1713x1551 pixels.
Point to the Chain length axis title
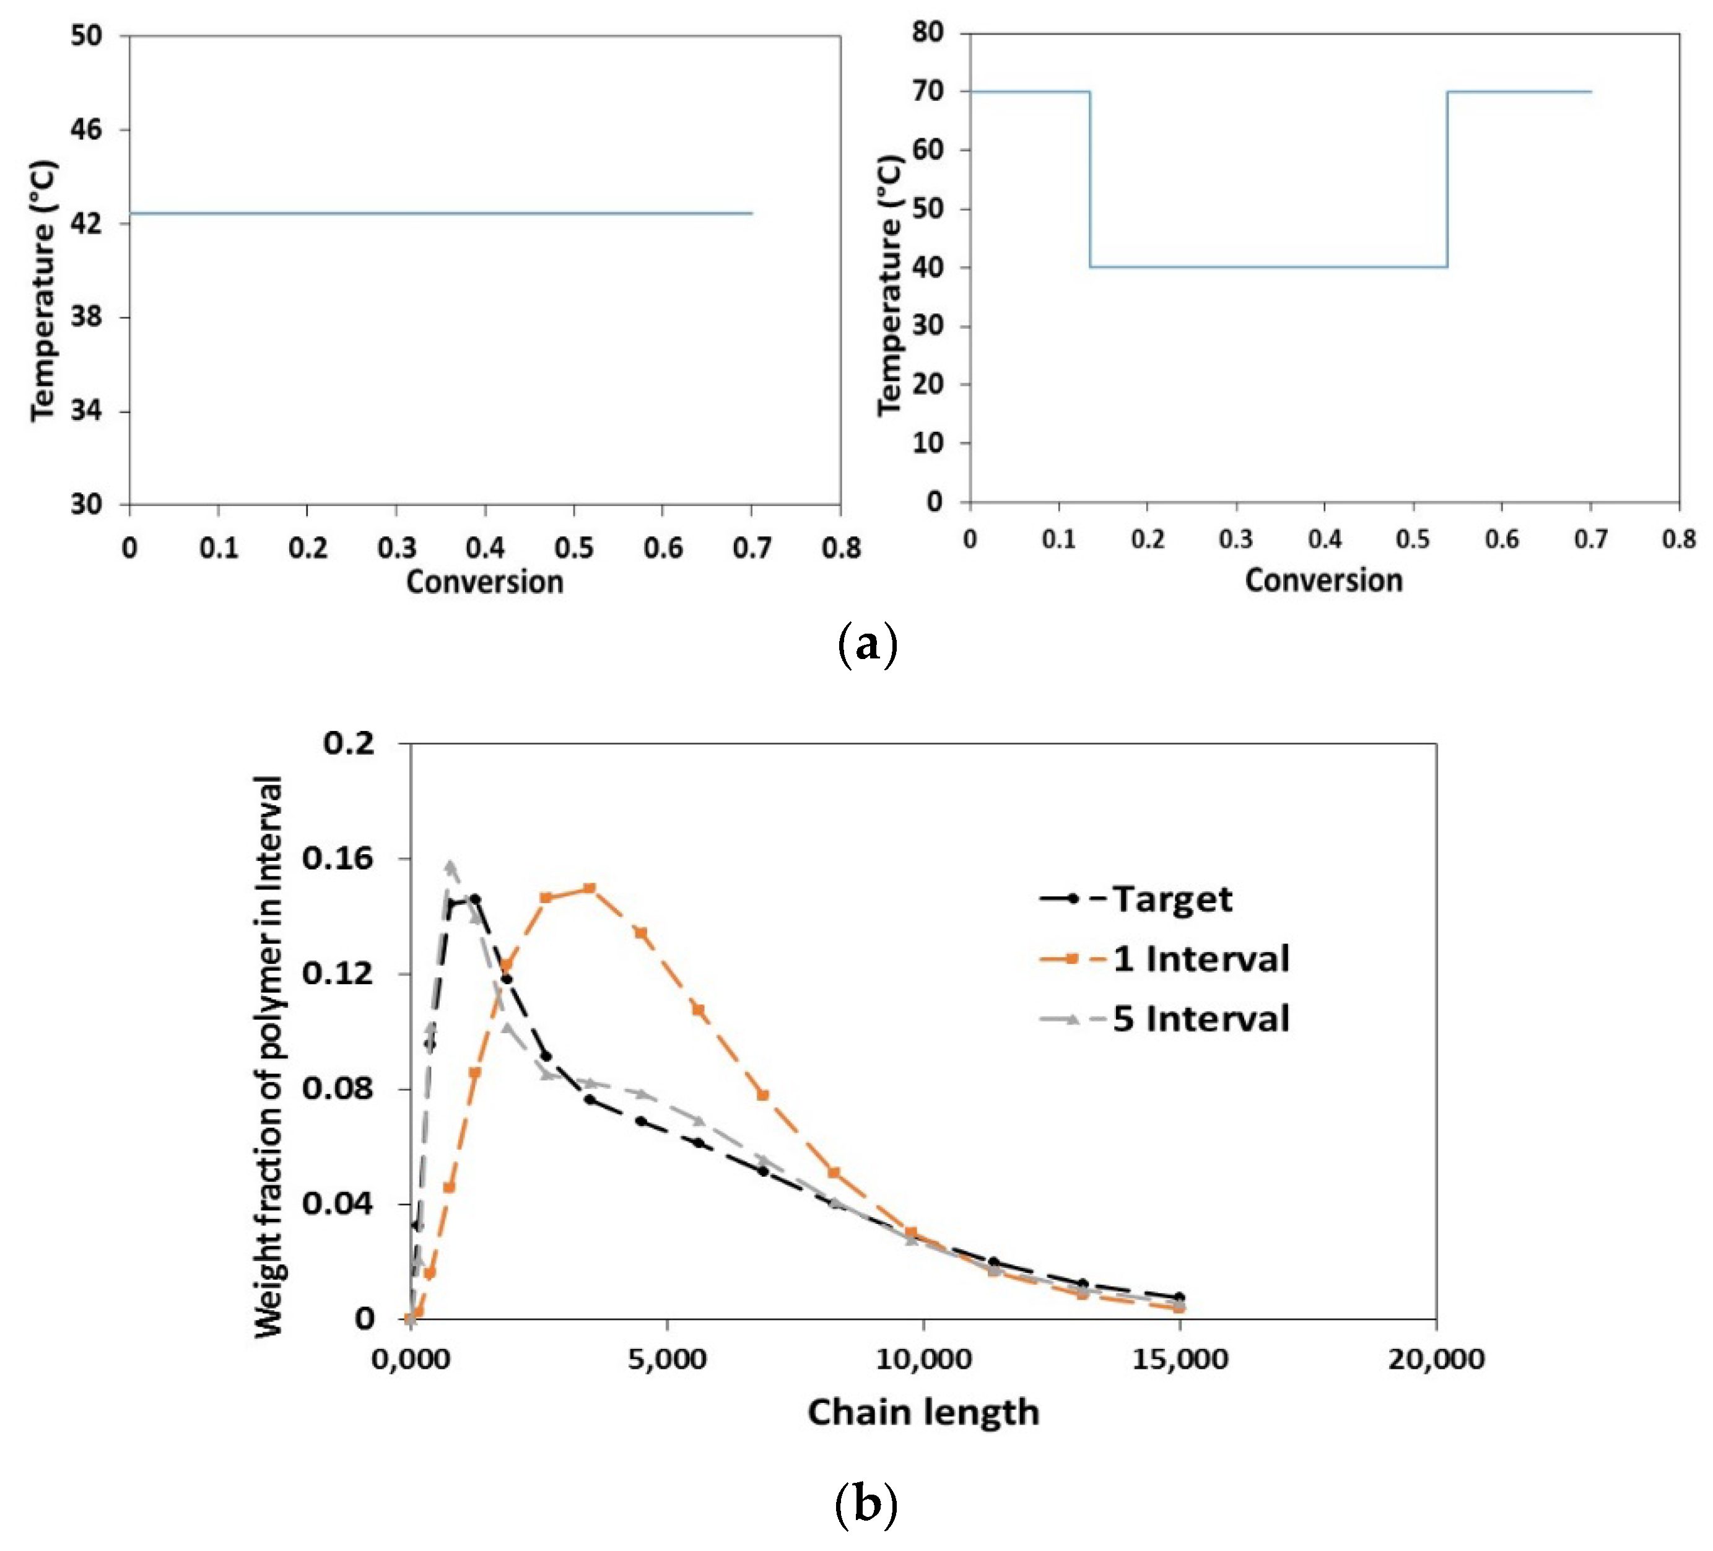[923, 1412]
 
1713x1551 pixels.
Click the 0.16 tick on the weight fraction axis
[338, 859]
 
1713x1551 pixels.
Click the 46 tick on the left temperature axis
[86, 130]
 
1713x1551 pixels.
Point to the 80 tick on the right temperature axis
[928, 33]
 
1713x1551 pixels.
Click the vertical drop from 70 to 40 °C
[1090, 178]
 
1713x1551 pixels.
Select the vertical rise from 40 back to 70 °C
[1447, 178]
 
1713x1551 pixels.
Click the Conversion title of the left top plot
[484, 583]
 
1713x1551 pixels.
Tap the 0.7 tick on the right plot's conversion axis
[1590, 540]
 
